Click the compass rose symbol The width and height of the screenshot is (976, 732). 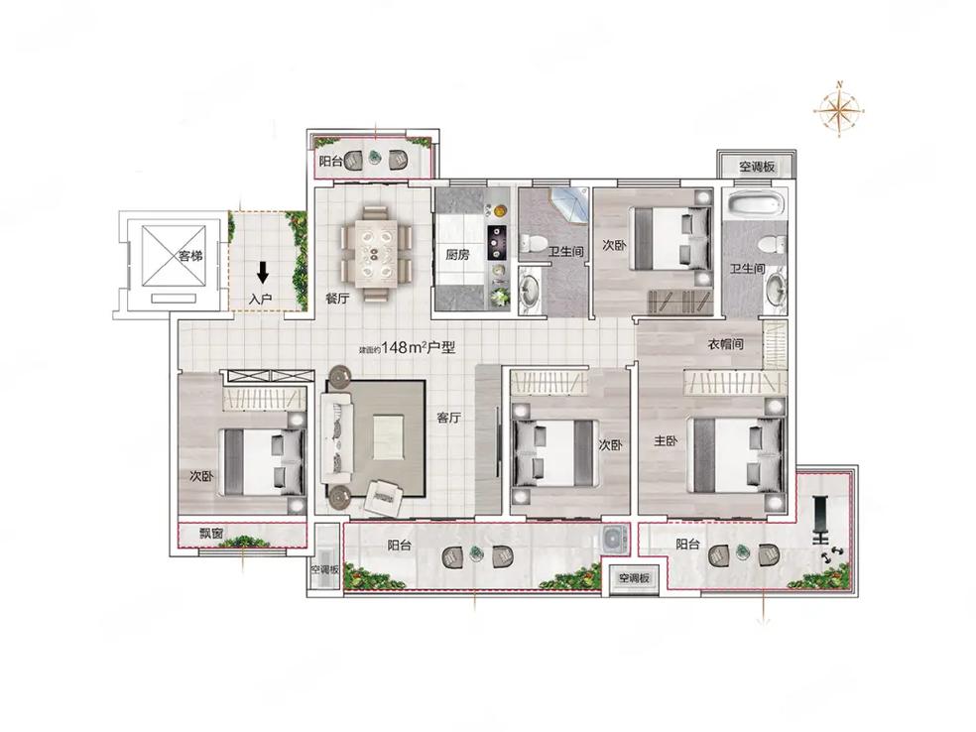(x=839, y=110)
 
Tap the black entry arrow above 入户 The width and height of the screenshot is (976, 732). (x=263, y=272)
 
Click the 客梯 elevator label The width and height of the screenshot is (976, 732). (x=190, y=256)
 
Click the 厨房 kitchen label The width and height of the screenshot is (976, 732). (x=457, y=255)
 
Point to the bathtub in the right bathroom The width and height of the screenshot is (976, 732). (x=756, y=206)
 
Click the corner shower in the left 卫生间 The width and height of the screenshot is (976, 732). (x=568, y=203)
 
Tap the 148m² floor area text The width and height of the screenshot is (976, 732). (x=407, y=347)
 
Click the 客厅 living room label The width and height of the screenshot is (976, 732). (x=448, y=417)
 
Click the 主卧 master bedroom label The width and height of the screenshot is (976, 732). (x=666, y=441)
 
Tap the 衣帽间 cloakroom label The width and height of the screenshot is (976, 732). (x=726, y=343)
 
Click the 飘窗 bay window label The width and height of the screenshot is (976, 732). (x=211, y=534)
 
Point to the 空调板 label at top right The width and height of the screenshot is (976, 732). (x=757, y=167)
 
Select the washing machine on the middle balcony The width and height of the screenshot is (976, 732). (x=615, y=539)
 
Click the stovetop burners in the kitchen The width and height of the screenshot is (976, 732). (x=497, y=243)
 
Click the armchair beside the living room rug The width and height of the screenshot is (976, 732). (x=384, y=499)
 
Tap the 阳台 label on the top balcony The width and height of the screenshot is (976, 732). (x=331, y=162)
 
